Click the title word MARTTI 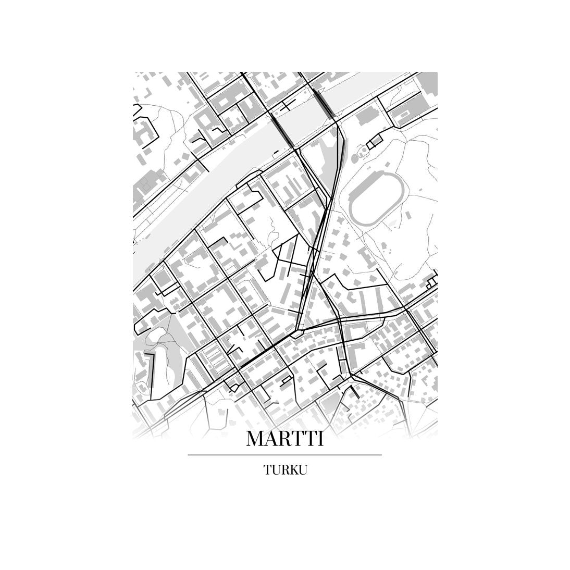coord(284,439)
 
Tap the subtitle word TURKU coord(285,470)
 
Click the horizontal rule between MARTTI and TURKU coord(284,455)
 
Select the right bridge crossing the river coord(324,102)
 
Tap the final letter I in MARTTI coord(320,439)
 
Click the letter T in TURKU coord(267,470)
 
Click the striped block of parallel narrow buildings coord(215,359)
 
